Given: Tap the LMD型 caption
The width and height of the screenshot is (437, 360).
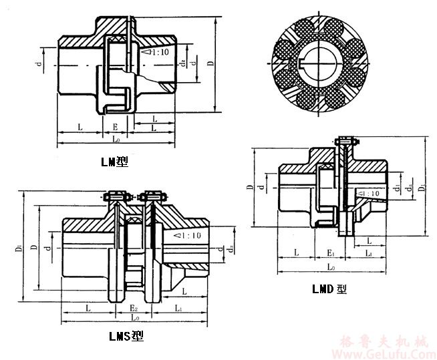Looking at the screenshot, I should (x=329, y=289).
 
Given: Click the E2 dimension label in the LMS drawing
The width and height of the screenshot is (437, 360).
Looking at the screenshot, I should (x=134, y=309).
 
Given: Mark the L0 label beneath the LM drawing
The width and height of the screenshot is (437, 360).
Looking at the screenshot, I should (x=116, y=139).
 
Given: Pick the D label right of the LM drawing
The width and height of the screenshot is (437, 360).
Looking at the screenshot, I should (x=211, y=65).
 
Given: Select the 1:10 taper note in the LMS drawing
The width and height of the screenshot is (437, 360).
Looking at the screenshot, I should (x=188, y=235).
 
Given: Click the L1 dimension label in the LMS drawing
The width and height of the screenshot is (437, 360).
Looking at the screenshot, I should (x=178, y=309).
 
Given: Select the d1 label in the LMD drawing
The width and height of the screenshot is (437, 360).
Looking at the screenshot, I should (x=397, y=188).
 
